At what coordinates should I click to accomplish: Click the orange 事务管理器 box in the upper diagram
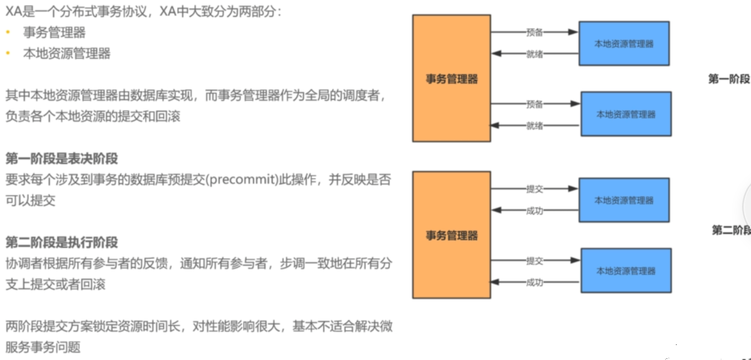451,78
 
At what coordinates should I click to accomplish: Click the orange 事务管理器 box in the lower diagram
451,235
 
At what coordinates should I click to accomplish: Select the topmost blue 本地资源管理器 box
623,43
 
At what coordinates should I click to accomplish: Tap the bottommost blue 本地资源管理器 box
626,271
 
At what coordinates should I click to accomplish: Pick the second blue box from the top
626,114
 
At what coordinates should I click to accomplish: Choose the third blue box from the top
623,200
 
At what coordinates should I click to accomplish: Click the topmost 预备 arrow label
534,32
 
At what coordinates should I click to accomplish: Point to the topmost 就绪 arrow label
534,54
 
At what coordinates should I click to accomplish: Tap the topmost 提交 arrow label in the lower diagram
534,189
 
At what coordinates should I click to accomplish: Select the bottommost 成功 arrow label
534,283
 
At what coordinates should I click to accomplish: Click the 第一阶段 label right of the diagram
729,79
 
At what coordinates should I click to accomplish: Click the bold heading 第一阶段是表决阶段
62,159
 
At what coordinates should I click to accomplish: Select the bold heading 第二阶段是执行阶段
62,242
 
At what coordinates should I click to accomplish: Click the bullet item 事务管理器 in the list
55,32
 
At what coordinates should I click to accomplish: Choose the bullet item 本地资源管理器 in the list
67,53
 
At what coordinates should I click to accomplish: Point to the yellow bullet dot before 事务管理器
8,32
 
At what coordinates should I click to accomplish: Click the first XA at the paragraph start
13,11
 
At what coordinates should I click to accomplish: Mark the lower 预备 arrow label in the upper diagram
534,104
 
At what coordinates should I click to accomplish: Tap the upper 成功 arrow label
534,211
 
